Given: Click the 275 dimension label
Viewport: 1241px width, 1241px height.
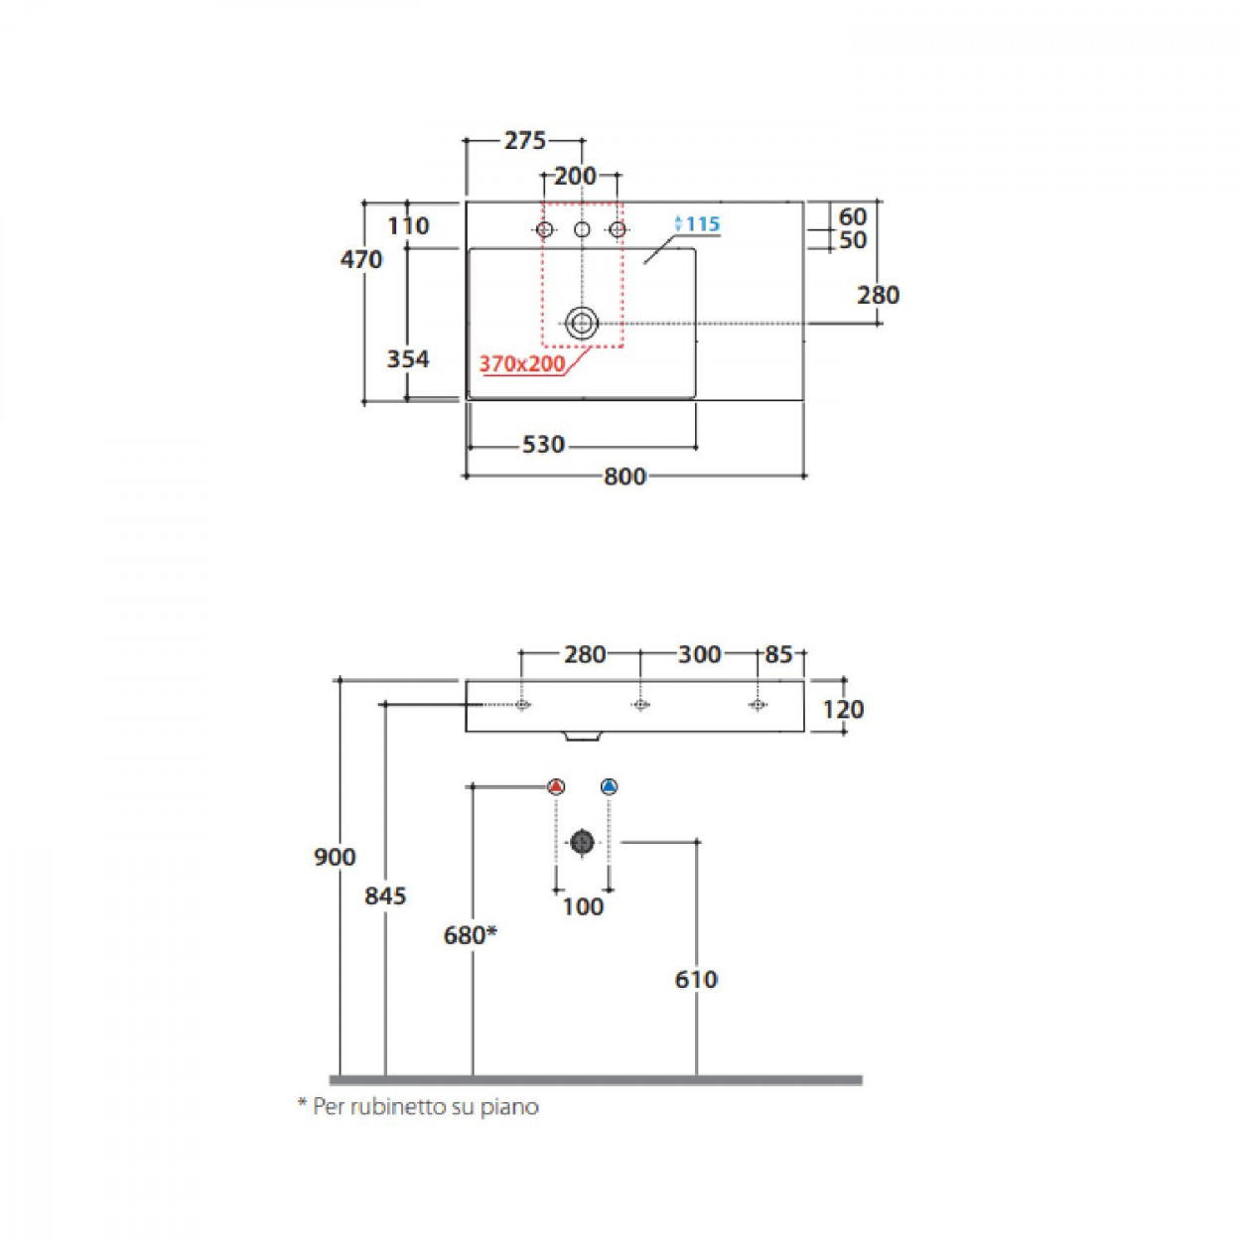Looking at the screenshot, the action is [x=525, y=140].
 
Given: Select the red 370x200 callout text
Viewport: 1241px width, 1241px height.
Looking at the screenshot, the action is [x=521, y=364].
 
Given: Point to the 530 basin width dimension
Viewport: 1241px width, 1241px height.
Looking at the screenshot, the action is [x=543, y=445].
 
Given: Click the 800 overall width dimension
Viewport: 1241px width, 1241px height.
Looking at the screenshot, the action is [x=624, y=477].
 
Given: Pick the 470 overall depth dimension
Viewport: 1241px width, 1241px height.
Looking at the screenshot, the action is [x=361, y=259].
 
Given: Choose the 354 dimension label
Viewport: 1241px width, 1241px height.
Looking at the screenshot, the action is [x=408, y=358].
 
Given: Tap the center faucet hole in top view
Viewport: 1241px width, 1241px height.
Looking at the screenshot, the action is [x=582, y=229].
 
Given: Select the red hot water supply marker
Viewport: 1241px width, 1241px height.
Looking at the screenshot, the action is [x=556, y=786].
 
